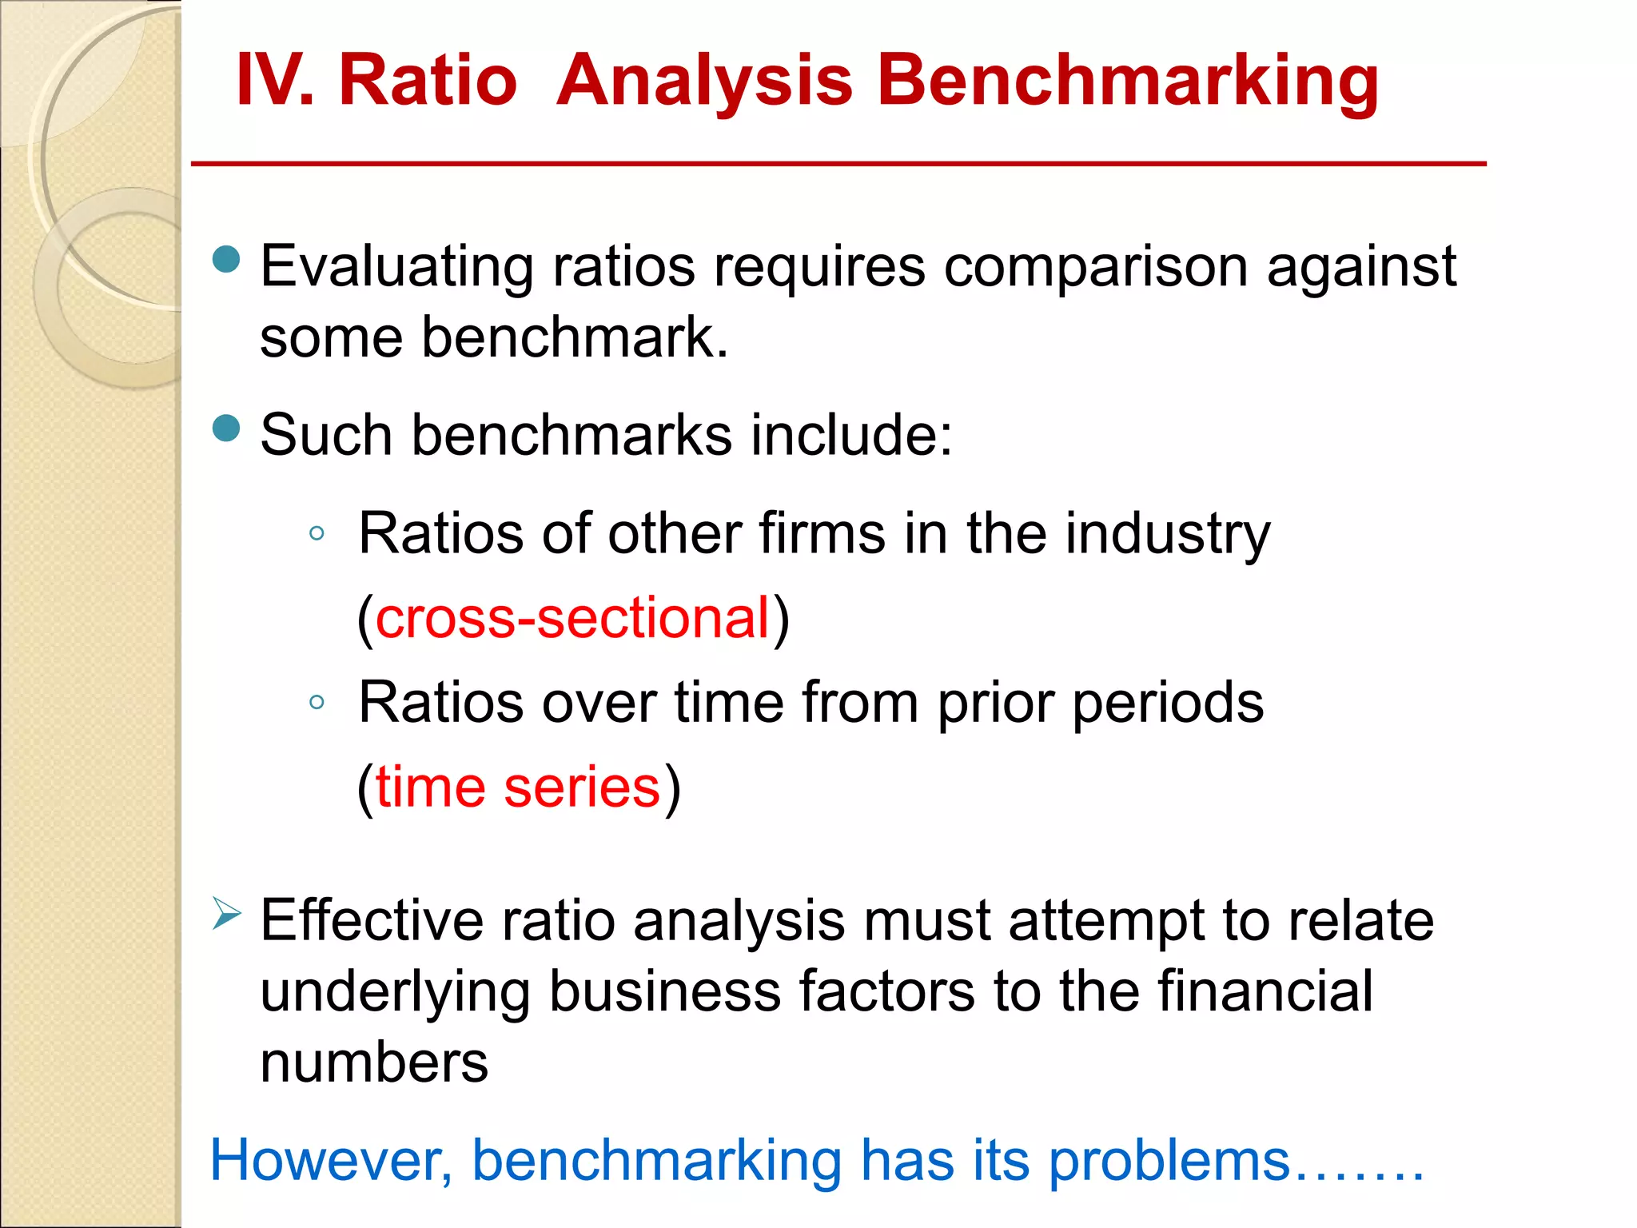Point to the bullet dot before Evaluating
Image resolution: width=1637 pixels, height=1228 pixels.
[227, 259]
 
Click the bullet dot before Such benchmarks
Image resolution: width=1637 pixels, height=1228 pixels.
[227, 429]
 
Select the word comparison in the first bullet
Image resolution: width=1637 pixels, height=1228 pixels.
[1095, 267]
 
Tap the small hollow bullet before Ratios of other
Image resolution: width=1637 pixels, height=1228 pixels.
[317, 533]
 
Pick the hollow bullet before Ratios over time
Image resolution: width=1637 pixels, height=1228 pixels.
[317, 703]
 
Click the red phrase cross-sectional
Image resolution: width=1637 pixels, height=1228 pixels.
[572, 618]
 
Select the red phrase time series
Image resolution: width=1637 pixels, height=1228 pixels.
[518, 787]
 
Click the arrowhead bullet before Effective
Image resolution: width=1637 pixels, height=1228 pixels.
[226, 913]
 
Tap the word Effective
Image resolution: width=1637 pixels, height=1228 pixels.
[372, 921]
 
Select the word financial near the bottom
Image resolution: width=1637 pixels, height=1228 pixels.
[1265, 991]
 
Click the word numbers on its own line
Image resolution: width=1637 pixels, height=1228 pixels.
[374, 1063]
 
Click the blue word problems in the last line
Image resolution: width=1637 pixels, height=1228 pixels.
[1169, 1161]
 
